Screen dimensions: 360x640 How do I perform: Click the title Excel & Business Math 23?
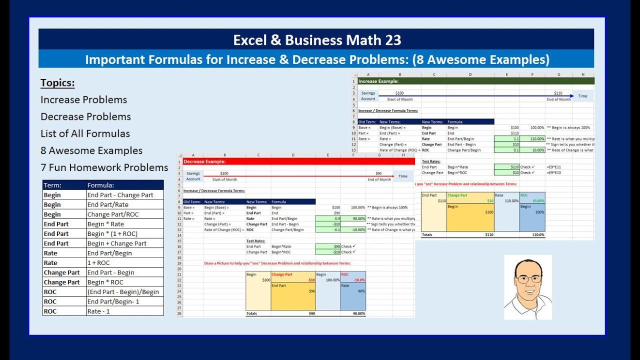317,40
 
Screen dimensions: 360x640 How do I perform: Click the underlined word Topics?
57,83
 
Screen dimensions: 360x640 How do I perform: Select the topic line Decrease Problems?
85,116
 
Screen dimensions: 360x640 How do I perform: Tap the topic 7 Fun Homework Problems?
104,167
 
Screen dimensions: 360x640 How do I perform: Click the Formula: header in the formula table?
100,185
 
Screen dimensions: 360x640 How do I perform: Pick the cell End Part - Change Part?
120,195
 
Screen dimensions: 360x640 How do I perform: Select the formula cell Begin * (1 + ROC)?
112,234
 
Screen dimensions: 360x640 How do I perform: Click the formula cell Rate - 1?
98,311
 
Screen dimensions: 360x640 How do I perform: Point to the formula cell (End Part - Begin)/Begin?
123,292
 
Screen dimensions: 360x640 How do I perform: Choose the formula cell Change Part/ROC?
113,214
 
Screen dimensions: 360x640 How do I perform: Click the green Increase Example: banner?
475,81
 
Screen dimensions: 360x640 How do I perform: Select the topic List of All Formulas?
85,133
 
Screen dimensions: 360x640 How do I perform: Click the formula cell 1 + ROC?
98,263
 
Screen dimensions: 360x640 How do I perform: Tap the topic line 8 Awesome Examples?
91,150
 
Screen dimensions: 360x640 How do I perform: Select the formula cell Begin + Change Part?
117,243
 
